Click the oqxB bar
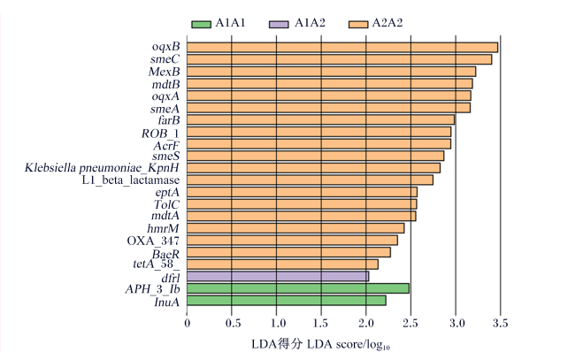[342, 47]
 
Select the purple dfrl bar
[278, 277]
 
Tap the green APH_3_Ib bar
[298, 288]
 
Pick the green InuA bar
[287, 301]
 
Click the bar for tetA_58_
[282, 264]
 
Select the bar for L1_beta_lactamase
[310, 180]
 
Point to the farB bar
[320, 120]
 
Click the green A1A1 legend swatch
[202, 24]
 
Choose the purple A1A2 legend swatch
[279, 24]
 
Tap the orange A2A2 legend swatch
[358, 24]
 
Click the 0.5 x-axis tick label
[232, 323]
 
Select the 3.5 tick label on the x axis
[500, 323]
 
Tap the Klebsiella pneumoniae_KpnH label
[102, 168]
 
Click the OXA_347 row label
[153, 241]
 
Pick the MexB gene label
[165, 72]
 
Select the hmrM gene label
[163, 229]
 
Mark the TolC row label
[167, 204]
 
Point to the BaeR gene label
[166, 254]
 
